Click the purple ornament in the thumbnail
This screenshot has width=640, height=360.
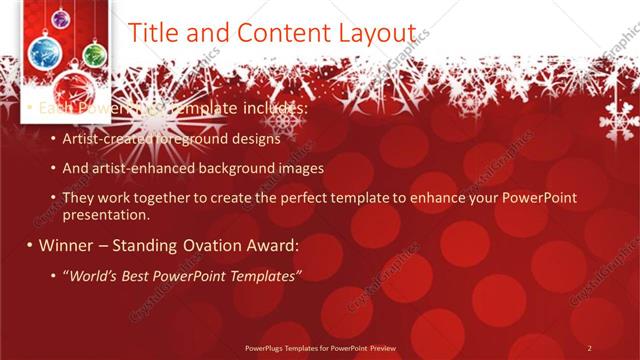[x=60, y=18]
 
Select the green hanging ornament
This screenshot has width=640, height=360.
[x=93, y=53]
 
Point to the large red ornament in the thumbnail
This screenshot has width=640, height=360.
[x=73, y=90]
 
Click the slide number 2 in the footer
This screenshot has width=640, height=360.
[x=589, y=347]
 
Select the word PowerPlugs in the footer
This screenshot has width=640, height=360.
[x=267, y=348]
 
